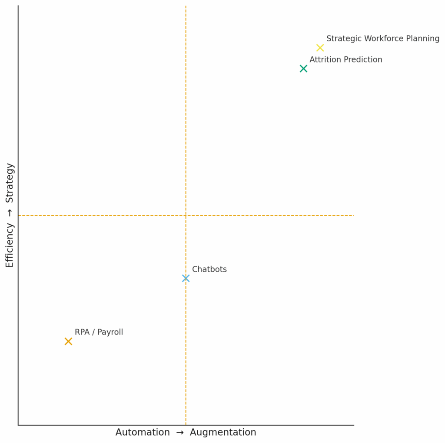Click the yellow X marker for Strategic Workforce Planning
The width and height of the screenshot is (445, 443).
320,48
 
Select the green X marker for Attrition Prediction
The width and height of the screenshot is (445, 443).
303,69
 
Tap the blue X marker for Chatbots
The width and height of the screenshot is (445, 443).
186,278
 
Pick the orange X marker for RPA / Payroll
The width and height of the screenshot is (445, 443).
68,341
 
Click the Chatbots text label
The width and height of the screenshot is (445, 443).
209,269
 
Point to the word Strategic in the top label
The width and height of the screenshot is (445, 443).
343,39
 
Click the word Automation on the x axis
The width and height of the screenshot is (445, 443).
143,433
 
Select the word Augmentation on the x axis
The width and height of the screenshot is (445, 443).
223,433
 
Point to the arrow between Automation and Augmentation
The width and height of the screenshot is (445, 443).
180,433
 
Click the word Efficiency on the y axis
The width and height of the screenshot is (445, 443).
10,245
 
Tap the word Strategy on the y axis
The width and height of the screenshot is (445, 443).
10,183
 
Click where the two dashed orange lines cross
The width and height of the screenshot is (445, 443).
186,215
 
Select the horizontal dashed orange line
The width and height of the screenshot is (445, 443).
269,215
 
